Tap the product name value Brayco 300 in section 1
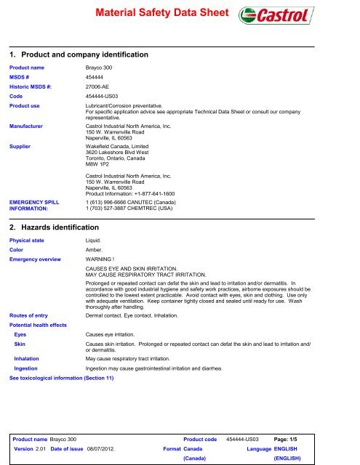pyautogui.click(x=100, y=67)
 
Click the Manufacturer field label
pyautogui.click(x=31, y=126)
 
